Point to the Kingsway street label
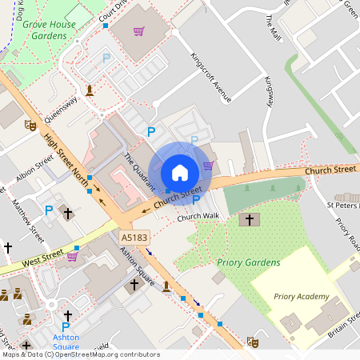(x=270, y=93)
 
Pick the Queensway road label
(x=62, y=106)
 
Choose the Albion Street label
(x=34, y=169)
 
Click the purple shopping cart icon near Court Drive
(x=139, y=32)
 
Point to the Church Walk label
(x=198, y=217)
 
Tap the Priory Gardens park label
(x=249, y=262)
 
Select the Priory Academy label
(x=302, y=296)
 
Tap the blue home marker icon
(x=180, y=173)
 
